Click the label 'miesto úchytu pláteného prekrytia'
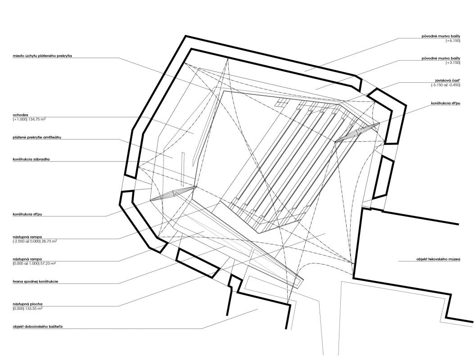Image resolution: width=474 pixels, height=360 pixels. click(42, 56)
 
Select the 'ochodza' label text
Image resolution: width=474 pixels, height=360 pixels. click(20, 115)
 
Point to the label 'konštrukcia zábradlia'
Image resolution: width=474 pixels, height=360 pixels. click(31, 159)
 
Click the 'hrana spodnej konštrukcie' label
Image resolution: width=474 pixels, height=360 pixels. click(36, 281)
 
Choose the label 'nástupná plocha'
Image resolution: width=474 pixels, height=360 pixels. click(27, 304)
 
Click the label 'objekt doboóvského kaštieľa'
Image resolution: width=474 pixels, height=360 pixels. click(37, 327)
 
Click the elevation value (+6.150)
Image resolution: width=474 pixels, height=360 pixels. click(453, 40)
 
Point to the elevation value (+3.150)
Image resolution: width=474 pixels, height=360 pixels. click(453, 63)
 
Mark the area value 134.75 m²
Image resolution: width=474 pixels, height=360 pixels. click(37, 119)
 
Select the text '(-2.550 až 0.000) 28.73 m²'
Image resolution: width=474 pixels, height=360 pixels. click(35, 242)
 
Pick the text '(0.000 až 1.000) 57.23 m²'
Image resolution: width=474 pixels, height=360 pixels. click(34, 264)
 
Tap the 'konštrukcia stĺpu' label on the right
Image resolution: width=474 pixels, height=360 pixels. click(446, 103)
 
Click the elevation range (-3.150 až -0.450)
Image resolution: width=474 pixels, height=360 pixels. click(446, 85)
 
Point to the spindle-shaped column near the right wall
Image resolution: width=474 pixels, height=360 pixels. click(357, 133)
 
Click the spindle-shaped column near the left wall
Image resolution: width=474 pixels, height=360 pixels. click(172, 193)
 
